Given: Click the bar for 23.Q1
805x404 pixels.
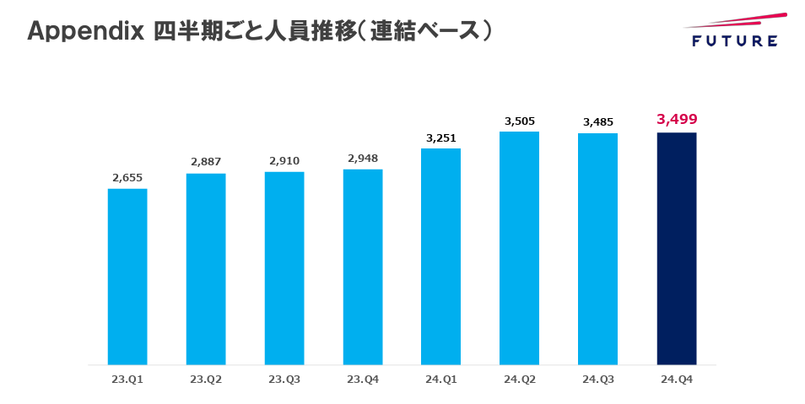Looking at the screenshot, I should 127,277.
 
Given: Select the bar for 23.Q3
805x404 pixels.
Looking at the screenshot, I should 284,268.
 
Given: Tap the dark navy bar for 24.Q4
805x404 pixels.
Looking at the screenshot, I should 677,249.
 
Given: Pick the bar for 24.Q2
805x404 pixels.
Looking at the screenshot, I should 519,248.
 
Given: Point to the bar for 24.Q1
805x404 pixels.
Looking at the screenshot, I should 440,256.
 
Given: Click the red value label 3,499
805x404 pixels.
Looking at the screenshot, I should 677,119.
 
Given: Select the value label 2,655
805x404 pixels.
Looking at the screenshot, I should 127,178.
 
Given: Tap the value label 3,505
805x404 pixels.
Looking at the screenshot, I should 520,121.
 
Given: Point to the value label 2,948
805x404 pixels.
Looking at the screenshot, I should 363,158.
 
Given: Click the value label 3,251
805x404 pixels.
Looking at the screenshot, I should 440,137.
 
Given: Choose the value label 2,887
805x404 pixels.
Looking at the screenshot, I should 206,162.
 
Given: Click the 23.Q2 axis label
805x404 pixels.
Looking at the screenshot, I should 206,380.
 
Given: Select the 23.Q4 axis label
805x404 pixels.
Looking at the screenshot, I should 363,380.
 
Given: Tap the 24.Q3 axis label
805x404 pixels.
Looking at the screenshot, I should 597,380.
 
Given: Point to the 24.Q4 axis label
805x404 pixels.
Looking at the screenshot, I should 677,380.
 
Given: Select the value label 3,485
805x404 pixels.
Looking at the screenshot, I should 598,122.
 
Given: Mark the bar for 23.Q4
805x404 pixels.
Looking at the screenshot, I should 363,267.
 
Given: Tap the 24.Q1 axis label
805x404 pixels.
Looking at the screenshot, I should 440,380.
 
